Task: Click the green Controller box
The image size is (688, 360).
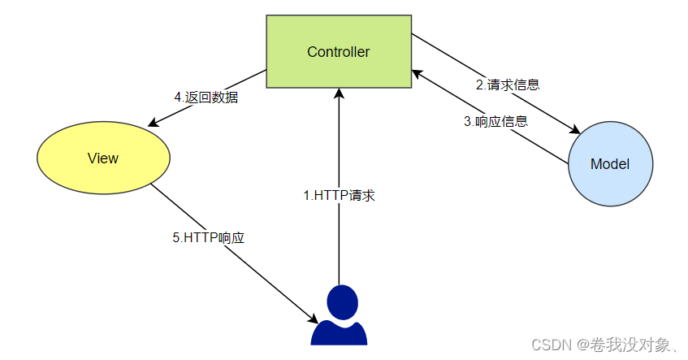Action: [x=339, y=52]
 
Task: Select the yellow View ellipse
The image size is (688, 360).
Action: [x=103, y=158]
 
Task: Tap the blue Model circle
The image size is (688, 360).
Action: [x=610, y=163]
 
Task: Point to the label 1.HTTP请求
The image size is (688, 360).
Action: [x=339, y=195]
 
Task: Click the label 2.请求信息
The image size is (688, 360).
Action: [x=508, y=84]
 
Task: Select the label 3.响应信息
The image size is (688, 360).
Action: [x=495, y=122]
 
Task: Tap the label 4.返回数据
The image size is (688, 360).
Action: [x=206, y=98]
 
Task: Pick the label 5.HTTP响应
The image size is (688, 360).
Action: [x=209, y=238]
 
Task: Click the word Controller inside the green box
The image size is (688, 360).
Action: [x=339, y=52]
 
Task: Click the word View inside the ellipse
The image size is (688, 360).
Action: [x=103, y=158]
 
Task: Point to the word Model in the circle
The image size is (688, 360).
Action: [x=610, y=163]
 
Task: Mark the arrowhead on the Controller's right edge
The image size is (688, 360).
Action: [x=415, y=73]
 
